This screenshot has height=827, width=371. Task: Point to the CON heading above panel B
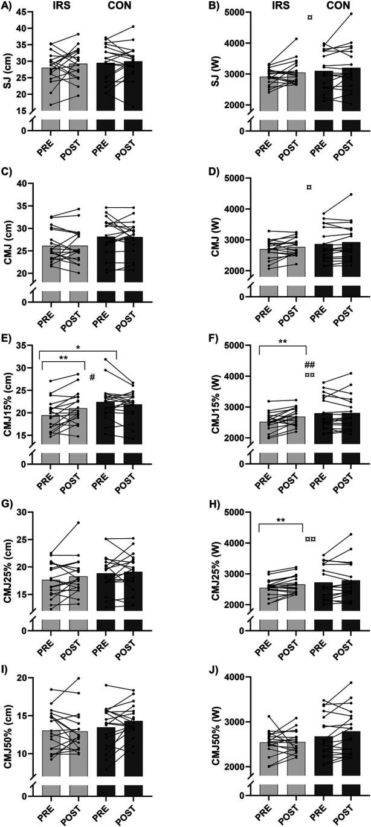(320, 8)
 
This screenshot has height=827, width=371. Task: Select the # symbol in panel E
(92, 378)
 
